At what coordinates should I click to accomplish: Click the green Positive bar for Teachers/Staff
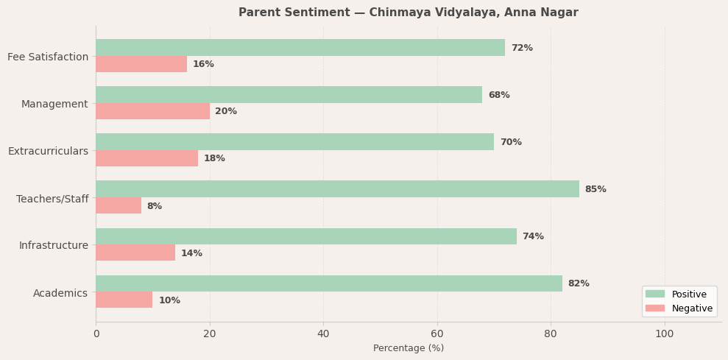pyautogui.click(x=337, y=189)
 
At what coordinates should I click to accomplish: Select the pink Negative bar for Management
pyautogui.click(x=152, y=111)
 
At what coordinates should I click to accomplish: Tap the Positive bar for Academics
pyautogui.click(x=328, y=283)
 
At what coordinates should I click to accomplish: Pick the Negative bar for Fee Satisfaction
pyautogui.click(x=141, y=64)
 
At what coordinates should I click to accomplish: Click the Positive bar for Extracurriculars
pyautogui.click(x=294, y=142)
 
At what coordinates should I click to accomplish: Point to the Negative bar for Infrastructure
pyautogui.click(x=135, y=253)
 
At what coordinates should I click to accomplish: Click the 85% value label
pyautogui.click(x=596, y=189)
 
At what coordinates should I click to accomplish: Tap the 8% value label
pyautogui.click(x=154, y=206)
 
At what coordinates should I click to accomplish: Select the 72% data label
pyautogui.click(x=522, y=48)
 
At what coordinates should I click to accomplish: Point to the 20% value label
pyautogui.click(x=226, y=111)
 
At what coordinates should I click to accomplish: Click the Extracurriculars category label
pyautogui.click(x=48, y=151)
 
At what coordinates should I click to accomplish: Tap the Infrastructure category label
pyautogui.click(x=53, y=245)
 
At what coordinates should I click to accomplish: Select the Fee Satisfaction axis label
pyautogui.click(x=48, y=57)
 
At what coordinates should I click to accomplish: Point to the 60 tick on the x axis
pyautogui.click(x=437, y=333)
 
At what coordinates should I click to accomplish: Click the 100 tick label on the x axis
pyautogui.click(x=665, y=333)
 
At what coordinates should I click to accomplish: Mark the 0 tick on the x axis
pyautogui.click(x=96, y=333)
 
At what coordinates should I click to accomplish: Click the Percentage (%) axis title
pyautogui.click(x=409, y=348)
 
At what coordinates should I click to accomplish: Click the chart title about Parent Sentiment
pyautogui.click(x=409, y=13)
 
